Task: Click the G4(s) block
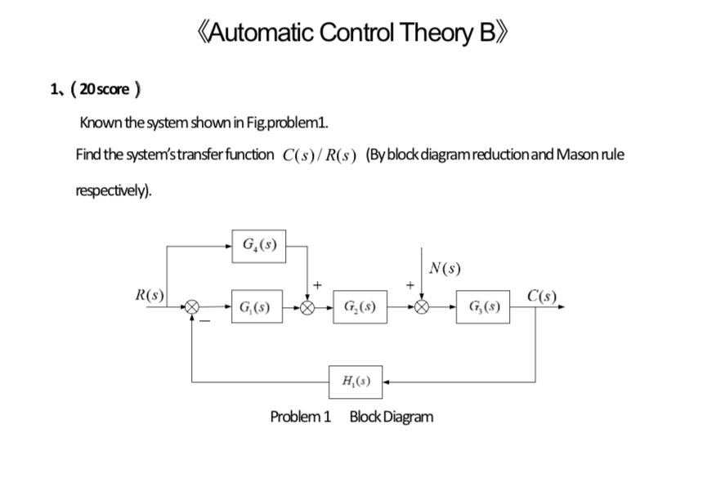coord(258,243)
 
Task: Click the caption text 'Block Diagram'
coord(392,417)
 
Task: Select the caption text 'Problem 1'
coord(300,417)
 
